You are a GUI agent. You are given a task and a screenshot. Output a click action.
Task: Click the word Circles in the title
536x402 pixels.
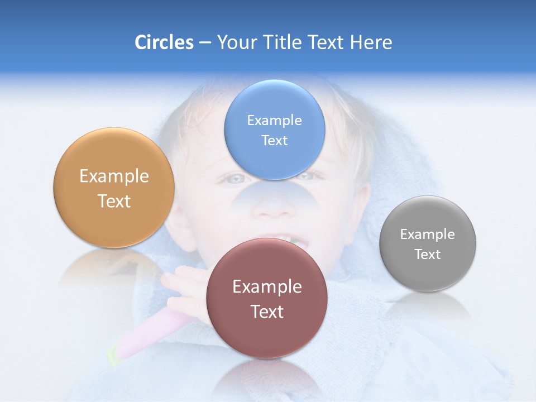point(164,42)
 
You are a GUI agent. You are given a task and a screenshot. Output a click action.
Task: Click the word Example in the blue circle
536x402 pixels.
point(274,120)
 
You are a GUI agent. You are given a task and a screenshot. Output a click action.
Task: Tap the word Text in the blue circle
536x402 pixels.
point(274,140)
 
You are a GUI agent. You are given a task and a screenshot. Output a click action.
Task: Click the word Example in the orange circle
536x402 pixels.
point(114,176)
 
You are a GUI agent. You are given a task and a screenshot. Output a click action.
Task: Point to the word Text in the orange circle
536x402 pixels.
point(114,201)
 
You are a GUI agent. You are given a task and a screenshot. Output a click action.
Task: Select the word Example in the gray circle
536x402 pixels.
point(428,234)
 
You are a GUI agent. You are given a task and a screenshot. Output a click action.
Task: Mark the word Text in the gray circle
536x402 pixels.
point(428,254)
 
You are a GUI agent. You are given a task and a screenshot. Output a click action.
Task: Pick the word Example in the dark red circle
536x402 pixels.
point(267,286)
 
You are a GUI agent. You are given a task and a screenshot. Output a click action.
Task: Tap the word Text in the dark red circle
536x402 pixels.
point(267,312)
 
